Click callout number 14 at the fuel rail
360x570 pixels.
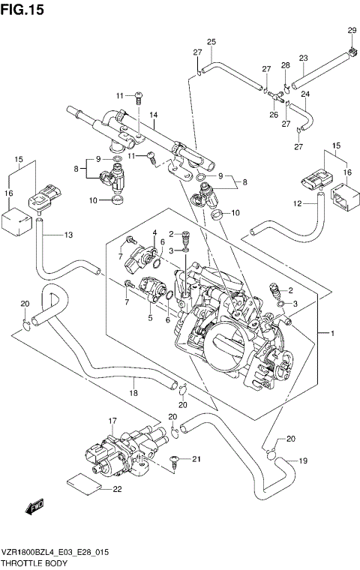tap(152, 115)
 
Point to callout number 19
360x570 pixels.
tap(303, 460)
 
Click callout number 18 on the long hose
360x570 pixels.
tap(133, 393)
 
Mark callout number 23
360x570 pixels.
tap(303, 58)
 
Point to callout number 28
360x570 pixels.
tap(285, 65)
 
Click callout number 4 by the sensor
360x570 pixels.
tap(154, 233)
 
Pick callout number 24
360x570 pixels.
tap(305, 94)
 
